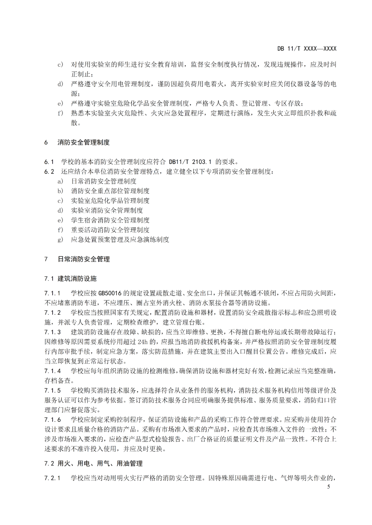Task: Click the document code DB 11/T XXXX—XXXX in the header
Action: click(x=307, y=49)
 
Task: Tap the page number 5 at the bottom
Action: click(x=328, y=486)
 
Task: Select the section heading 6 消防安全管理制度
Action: click(x=77, y=142)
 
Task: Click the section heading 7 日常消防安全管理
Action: click(x=77, y=259)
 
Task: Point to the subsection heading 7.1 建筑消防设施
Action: click(x=70, y=278)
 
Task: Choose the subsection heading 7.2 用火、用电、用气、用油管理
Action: click(x=93, y=463)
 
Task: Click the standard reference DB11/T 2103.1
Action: click(x=190, y=162)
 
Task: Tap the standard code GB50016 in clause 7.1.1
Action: click(x=110, y=293)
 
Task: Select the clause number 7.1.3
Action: click(x=52, y=332)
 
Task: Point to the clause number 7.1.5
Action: click(x=52, y=391)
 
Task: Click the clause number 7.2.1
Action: click(x=52, y=478)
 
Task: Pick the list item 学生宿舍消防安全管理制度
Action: click(x=110, y=220)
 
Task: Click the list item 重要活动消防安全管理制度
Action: click(x=110, y=230)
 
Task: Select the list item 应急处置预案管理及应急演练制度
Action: click(x=120, y=240)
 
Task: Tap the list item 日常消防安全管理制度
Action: click(x=104, y=181)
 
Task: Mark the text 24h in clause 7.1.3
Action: click(x=142, y=342)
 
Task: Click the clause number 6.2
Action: click(x=49, y=172)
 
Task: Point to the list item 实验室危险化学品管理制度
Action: click(x=110, y=201)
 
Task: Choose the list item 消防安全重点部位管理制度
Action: click(x=110, y=191)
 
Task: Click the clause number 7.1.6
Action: click(x=52, y=420)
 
